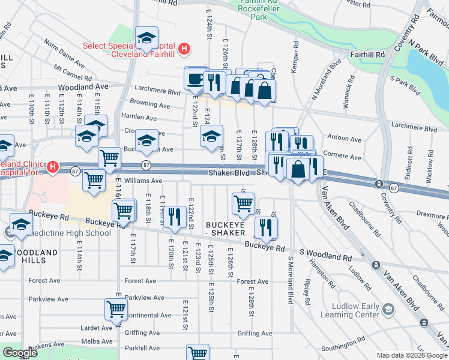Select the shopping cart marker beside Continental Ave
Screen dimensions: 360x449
116,310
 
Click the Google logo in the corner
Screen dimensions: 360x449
20,353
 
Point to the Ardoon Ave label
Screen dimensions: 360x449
345,139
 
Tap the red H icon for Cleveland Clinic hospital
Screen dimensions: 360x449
53,166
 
